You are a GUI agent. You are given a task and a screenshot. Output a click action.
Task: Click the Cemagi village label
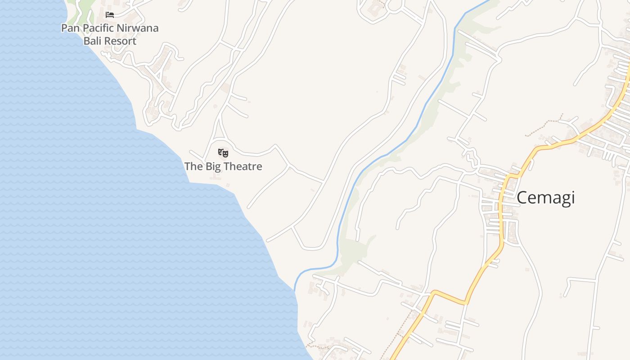point(545,198)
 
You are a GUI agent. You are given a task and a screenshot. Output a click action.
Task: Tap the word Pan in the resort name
point(70,28)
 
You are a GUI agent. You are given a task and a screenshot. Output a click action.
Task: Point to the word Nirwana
point(138,28)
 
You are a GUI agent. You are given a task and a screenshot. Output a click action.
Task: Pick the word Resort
point(121,41)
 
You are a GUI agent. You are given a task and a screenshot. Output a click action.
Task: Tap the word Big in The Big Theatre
point(215,166)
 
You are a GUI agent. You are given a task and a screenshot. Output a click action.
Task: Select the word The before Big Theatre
point(193,166)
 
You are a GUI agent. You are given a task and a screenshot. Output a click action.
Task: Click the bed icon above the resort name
point(109,15)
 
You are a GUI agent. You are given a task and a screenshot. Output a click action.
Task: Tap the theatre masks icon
point(223,153)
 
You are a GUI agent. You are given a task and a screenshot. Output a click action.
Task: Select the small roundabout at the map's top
point(395,5)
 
